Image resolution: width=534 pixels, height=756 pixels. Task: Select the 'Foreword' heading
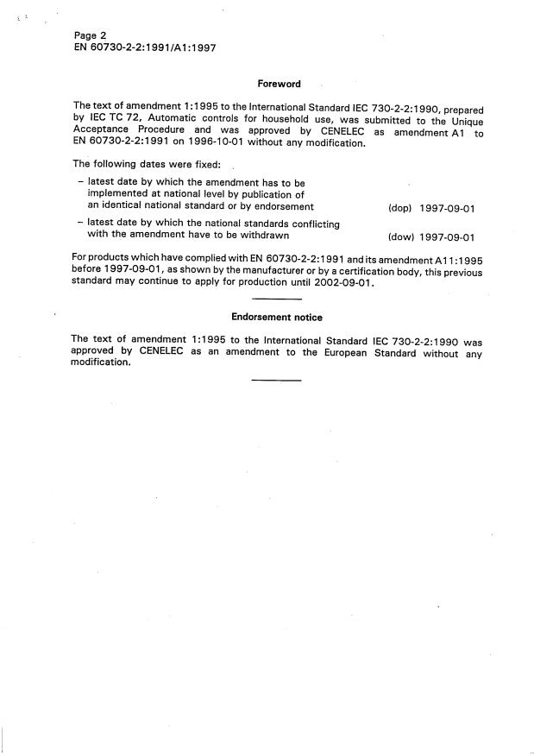[279, 84]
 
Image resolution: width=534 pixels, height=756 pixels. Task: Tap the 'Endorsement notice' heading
[277, 317]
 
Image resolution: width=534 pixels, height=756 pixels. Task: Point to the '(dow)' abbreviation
[402, 237]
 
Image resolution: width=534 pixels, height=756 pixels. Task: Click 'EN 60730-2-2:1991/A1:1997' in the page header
[144, 48]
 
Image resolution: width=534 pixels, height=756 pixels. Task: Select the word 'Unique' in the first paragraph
[463, 121]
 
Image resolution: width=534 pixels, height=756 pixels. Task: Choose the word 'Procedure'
[166, 132]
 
